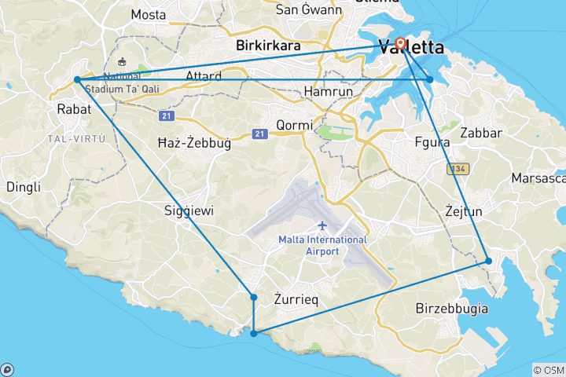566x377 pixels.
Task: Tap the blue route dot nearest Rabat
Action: [77, 79]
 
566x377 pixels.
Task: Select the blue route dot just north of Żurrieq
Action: [253, 297]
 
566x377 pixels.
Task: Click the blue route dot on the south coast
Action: [253, 334]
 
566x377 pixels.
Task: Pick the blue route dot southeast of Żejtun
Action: [488, 261]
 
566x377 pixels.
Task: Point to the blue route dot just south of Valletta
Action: [429, 79]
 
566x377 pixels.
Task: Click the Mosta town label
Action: [148, 14]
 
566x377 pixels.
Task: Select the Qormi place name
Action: [295, 125]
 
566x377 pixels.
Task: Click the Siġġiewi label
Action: [188, 210]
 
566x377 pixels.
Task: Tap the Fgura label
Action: [431, 142]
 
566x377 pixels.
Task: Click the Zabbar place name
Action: [481, 132]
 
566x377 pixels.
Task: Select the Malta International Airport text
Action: [322, 245]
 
